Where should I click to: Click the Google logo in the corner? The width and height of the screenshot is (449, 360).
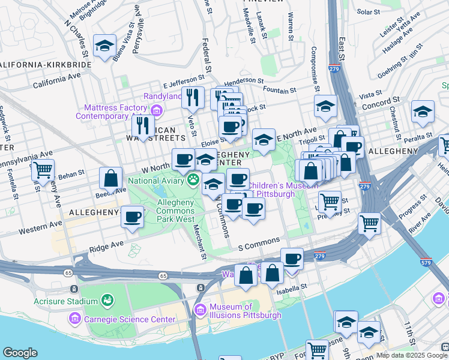pyautogui.click(x=20, y=353)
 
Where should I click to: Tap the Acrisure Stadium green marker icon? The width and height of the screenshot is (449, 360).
pyautogui.click(x=108, y=299)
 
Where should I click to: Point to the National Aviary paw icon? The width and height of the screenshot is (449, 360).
pyautogui.click(x=194, y=179)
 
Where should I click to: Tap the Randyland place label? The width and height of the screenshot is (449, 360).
pyautogui.click(x=162, y=97)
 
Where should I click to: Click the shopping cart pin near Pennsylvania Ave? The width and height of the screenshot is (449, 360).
pyautogui.click(x=43, y=169)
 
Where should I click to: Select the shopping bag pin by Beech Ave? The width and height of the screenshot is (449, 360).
pyautogui.click(x=111, y=178)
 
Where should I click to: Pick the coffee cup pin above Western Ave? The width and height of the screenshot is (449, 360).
pyautogui.click(x=132, y=217)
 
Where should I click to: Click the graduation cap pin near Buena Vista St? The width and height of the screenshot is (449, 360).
pyautogui.click(x=104, y=46)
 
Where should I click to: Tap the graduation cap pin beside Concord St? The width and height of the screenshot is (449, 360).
pyautogui.click(x=423, y=111)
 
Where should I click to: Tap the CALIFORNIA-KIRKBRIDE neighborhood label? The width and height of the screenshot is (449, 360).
pyautogui.click(x=46, y=64)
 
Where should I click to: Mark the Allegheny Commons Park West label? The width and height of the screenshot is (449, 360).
pyautogui.click(x=175, y=211)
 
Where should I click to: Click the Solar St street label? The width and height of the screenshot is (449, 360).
pyautogui.click(x=369, y=11)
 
